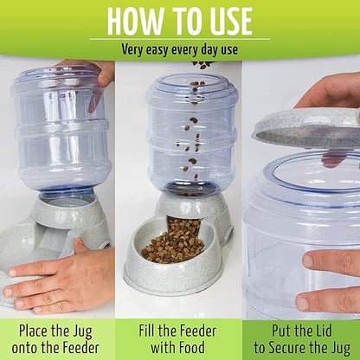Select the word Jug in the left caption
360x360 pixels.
(x=81, y=332)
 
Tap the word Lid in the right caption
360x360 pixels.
(x=321, y=331)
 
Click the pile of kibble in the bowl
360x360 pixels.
(x=174, y=242)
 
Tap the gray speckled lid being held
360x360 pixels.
(x=306, y=129)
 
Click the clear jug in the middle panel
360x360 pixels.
(x=192, y=133)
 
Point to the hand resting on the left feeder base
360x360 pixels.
(x=58, y=279)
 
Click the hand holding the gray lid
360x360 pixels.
(x=329, y=93)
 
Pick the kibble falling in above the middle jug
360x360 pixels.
(x=203, y=65)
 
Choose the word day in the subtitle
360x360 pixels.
(x=209, y=49)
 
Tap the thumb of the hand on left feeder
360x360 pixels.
(x=80, y=246)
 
